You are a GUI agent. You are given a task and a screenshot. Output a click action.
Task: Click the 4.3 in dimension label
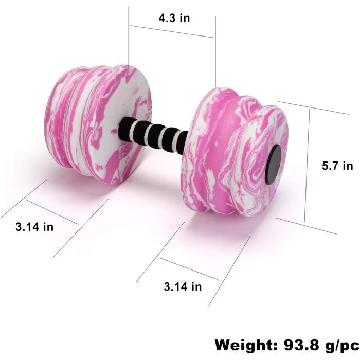point(174,18)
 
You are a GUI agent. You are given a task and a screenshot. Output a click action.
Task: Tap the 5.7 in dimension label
point(337,166)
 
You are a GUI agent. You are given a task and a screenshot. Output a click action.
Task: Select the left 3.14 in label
point(34,227)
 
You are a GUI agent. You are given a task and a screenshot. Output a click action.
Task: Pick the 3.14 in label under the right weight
point(183,287)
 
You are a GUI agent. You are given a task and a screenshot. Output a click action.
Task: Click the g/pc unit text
point(343,346)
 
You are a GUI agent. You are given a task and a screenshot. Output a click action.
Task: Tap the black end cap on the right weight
point(273,165)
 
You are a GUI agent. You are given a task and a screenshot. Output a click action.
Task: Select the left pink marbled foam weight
point(98,124)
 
